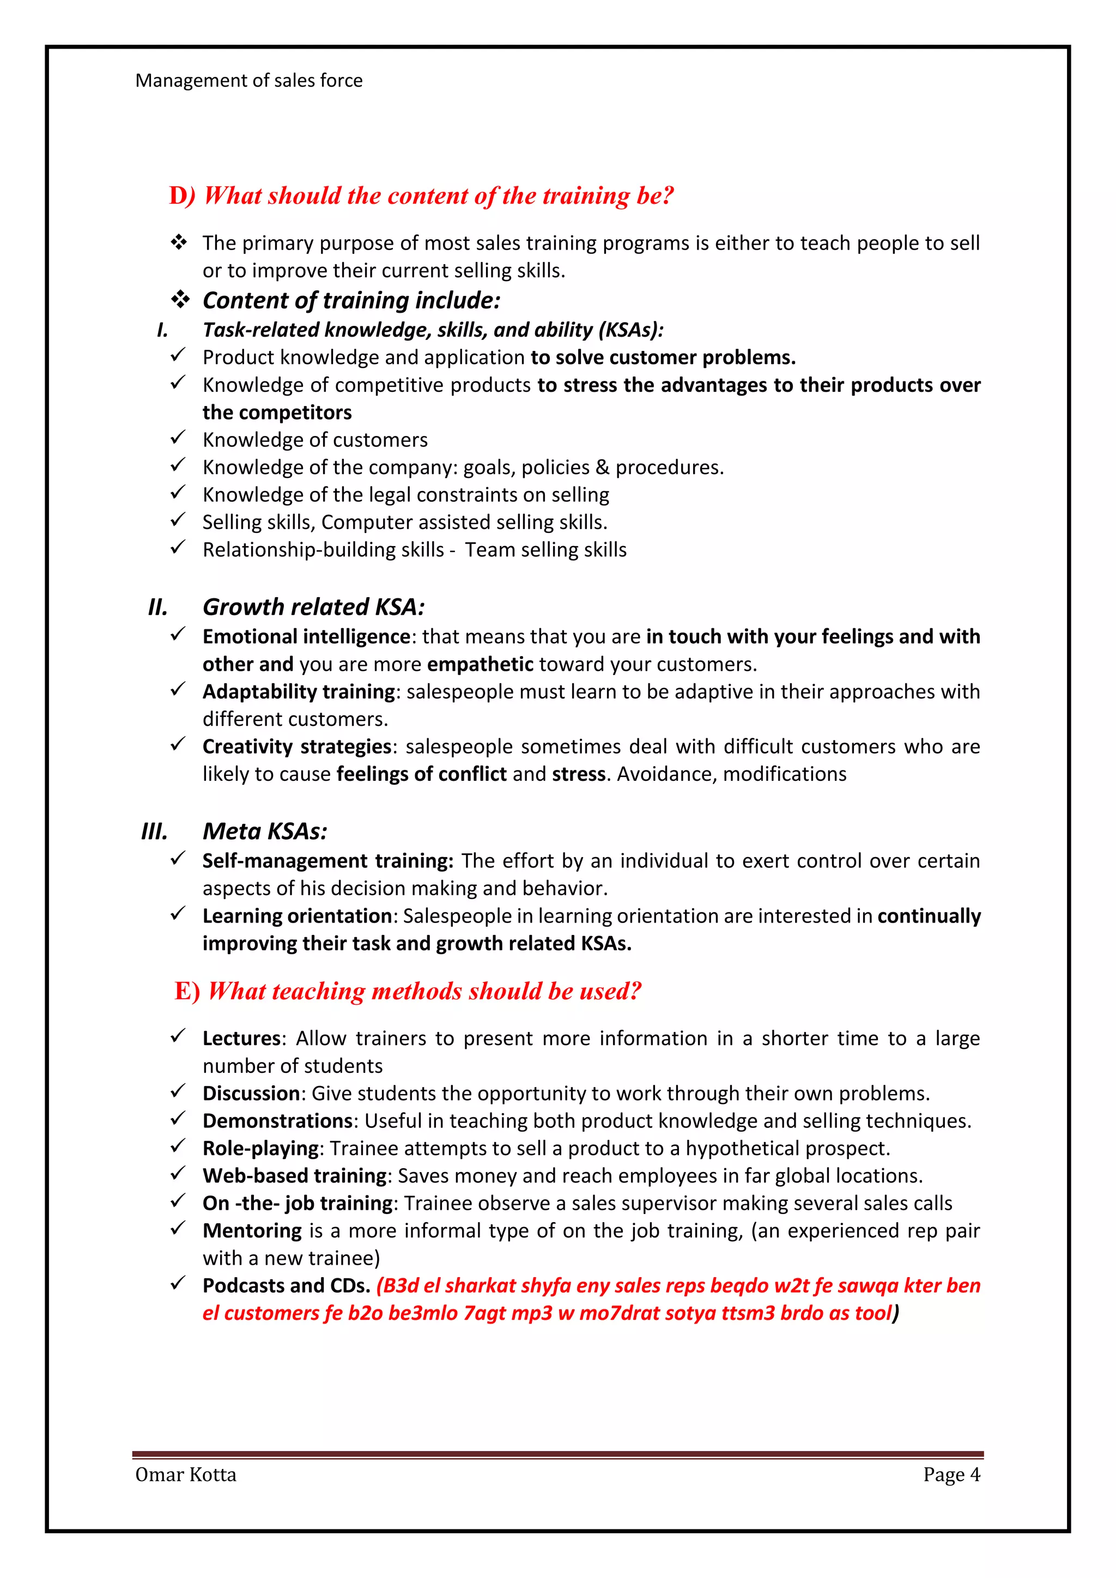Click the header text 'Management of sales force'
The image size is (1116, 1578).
click(x=249, y=81)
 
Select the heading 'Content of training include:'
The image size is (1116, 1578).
click(x=351, y=300)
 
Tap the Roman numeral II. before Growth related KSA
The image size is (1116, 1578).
click(x=157, y=607)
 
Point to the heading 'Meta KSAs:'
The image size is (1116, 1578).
click(x=265, y=831)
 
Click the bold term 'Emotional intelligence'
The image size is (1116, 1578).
click(x=306, y=636)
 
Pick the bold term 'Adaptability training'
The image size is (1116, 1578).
click(x=299, y=691)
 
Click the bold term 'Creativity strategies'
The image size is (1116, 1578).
click(x=297, y=746)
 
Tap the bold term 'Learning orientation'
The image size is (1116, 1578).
click(x=297, y=916)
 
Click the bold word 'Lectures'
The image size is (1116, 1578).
click(x=241, y=1038)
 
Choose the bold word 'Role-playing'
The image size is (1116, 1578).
click(x=260, y=1149)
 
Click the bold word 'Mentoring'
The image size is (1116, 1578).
click(x=252, y=1231)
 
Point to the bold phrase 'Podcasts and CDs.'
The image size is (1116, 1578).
click(x=286, y=1286)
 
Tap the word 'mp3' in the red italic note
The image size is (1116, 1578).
click(x=532, y=1313)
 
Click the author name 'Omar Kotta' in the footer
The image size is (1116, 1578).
click(x=185, y=1475)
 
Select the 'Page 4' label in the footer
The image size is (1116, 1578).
click(x=951, y=1475)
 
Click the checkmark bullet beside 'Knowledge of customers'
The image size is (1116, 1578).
click(x=178, y=438)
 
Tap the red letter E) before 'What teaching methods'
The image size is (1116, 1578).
click(x=187, y=991)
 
